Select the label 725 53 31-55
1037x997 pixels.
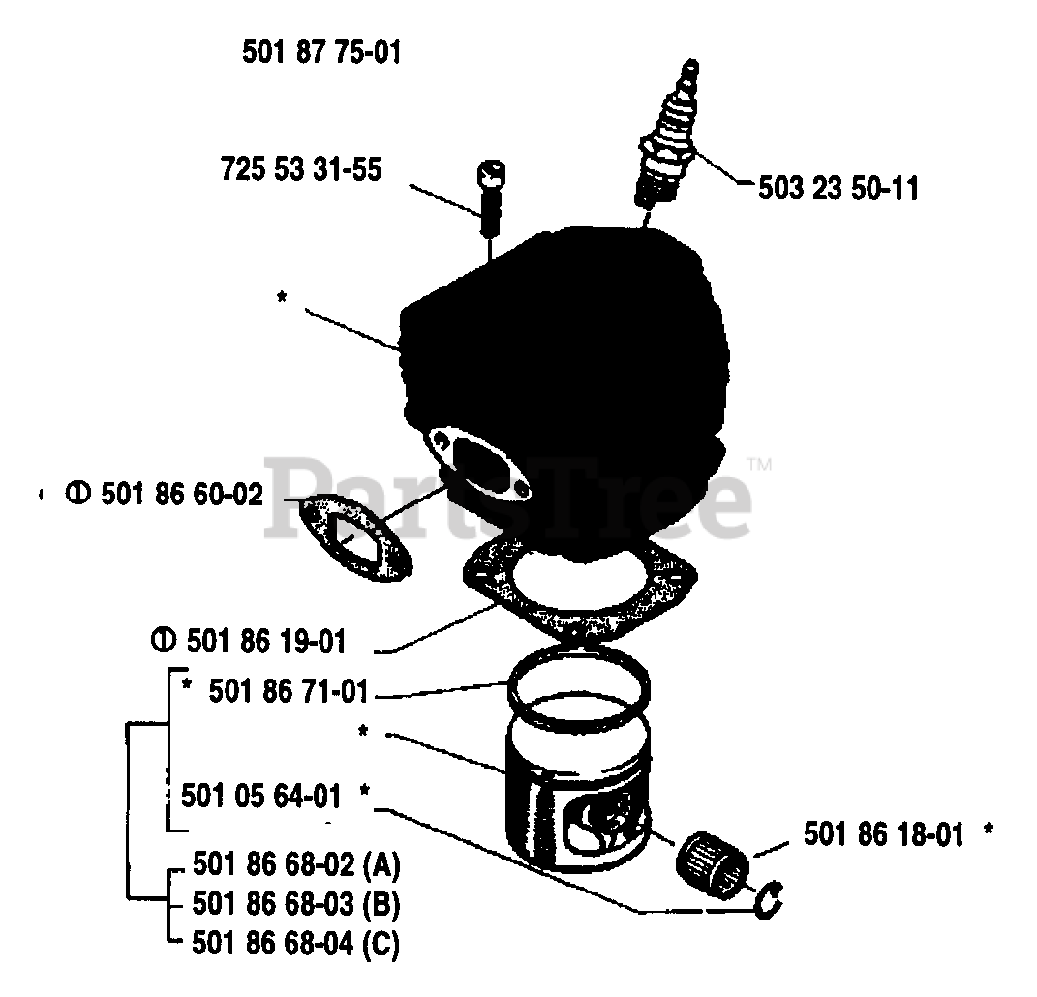(x=301, y=170)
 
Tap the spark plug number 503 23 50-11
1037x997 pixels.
(x=839, y=188)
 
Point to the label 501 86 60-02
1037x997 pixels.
(x=181, y=495)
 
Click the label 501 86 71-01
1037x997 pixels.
(x=288, y=692)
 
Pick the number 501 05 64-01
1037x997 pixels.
(x=261, y=797)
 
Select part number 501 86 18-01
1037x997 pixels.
(x=883, y=833)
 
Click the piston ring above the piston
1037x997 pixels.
(x=577, y=690)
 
